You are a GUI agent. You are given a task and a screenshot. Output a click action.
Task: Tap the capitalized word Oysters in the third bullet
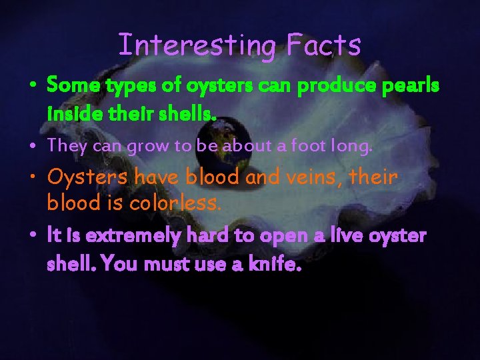pyautogui.click(x=87, y=178)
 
